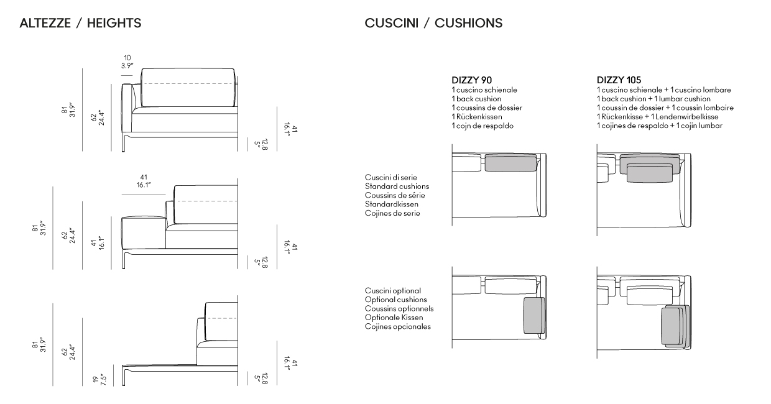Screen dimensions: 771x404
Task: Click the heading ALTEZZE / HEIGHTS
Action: coord(80,23)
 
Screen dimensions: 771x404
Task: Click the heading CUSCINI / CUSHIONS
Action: coord(433,23)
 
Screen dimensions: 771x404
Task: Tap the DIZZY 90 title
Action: coord(471,80)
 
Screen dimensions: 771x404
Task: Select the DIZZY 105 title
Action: coord(619,80)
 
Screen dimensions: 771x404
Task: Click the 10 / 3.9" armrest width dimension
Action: coord(127,62)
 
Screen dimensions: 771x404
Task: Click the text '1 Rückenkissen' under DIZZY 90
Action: coord(477,117)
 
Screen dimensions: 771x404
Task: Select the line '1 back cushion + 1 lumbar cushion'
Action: coord(653,99)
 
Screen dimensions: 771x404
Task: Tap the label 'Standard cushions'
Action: coord(397,186)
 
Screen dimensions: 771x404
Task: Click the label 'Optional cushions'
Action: coord(396,300)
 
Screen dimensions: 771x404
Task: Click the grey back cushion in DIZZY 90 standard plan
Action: coord(511,163)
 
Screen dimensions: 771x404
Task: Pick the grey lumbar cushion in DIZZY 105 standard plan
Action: coord(650,173)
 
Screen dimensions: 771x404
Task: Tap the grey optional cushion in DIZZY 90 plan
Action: coord(534,316)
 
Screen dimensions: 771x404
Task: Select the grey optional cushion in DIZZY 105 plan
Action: coord(675,326)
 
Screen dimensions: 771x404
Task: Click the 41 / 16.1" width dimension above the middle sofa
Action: coord(144,181)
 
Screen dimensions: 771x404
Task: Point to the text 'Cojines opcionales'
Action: coord(398,326)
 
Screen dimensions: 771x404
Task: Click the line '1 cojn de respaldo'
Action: coord(482,126)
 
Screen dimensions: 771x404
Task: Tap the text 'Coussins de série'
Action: coord(395,195)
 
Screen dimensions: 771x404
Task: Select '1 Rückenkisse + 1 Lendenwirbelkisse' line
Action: coord(657,117)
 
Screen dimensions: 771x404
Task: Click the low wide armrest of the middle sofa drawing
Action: coord(144,232)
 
